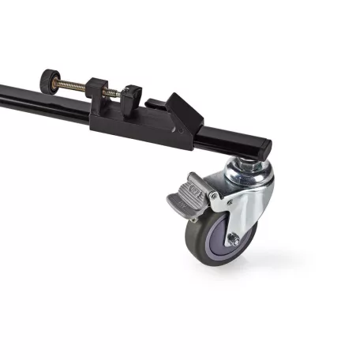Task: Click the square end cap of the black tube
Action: [x=263, y=147]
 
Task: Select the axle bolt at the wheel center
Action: [x=232, y=238]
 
